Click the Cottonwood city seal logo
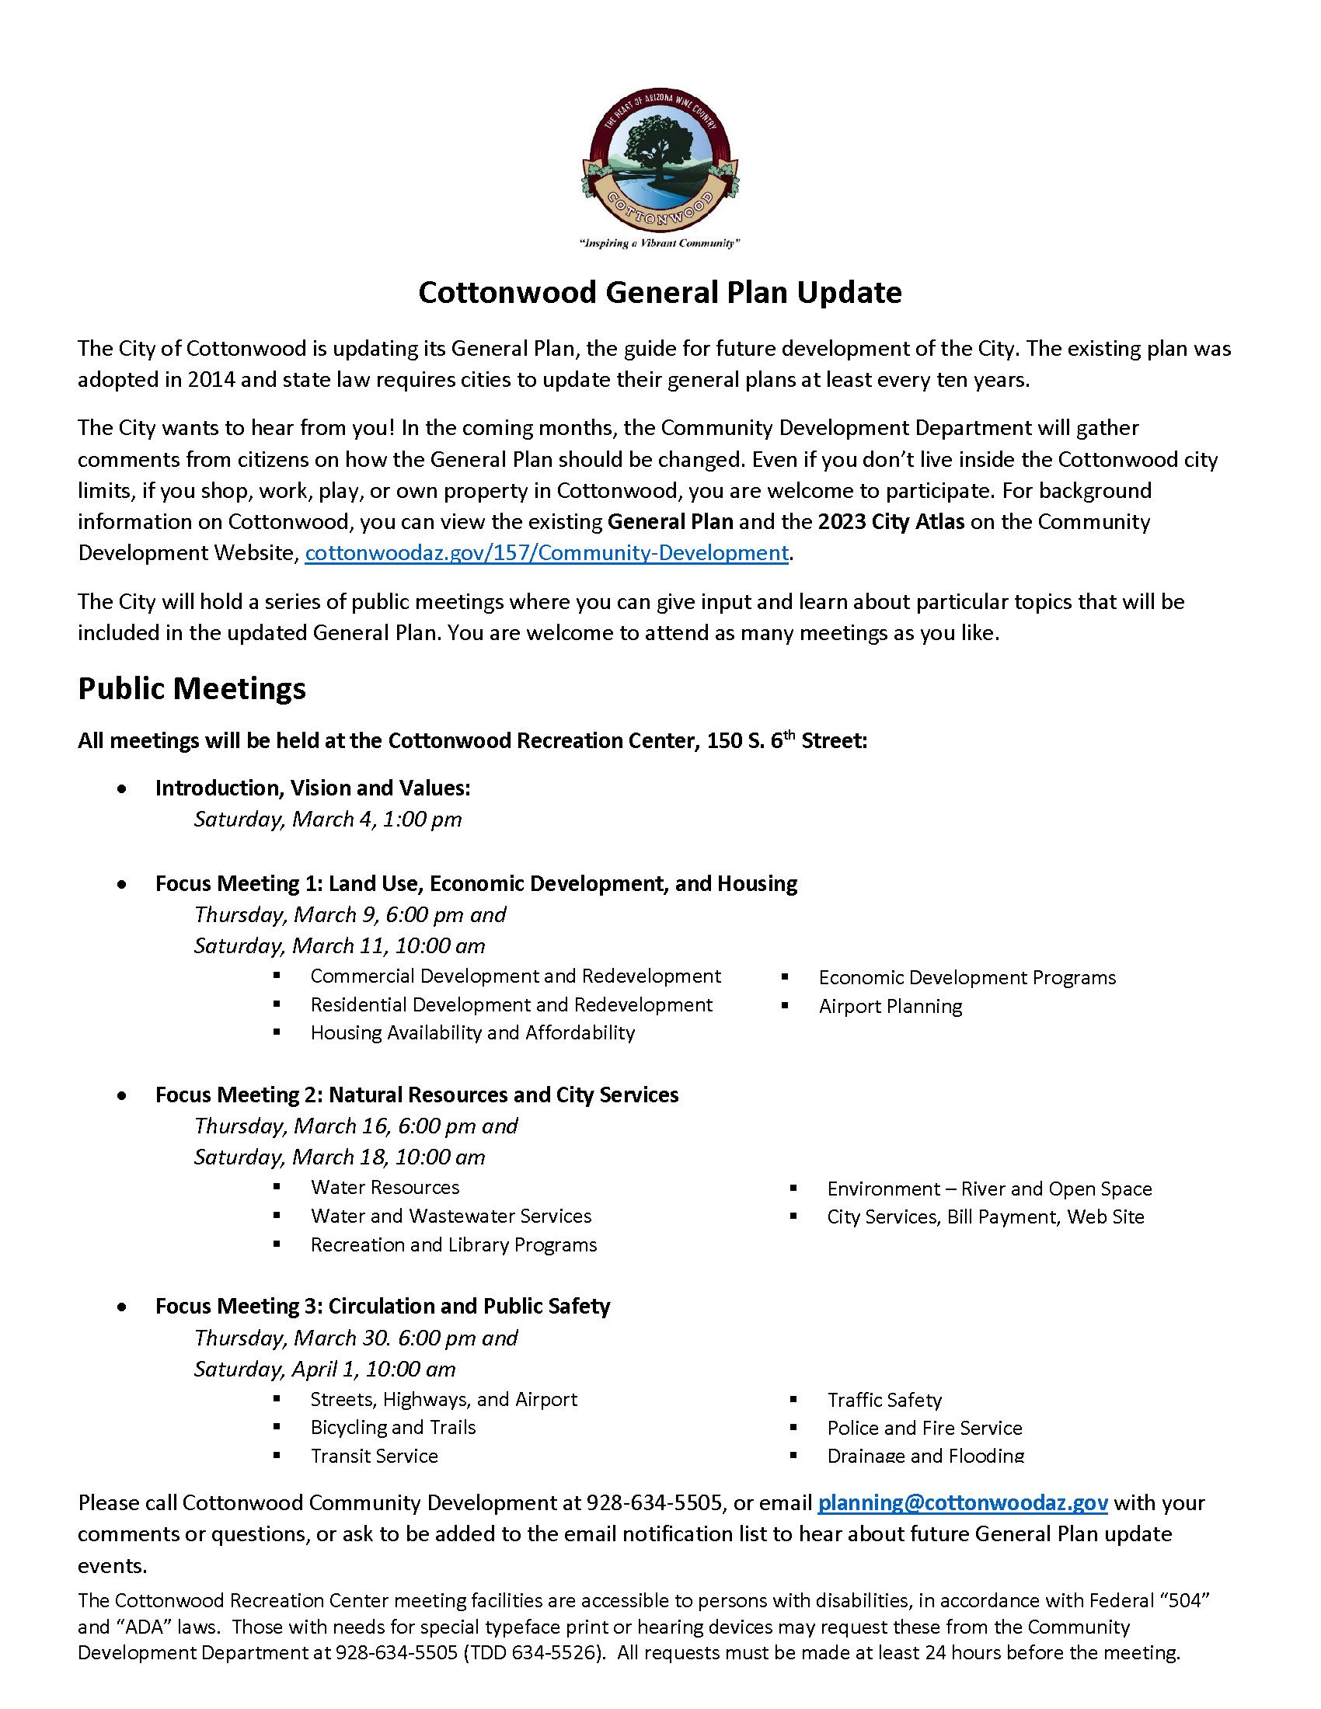pyautogui.click(x=660, y=158)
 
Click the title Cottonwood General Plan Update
pyautogui.click(x=660, y=293)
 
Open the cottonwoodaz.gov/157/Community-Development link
pyautogui.click(x=546, y=553)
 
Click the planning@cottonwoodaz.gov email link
pyautogui.click(x=963, y=1502)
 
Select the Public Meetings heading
pyautogui.click(x=192, y=688)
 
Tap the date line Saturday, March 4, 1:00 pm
pyautogui.click(x=328, y=820)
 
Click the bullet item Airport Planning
pyautogui.click(x=891, y=1006)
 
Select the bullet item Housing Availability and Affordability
pyautogui.click(x=472, y=1033)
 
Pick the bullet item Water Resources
pyautogui.click(x=385, y=1187)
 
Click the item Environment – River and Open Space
pyautogui.click(x=989, y=1189)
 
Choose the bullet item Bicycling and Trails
pyautogui.click(x=393, y=1427)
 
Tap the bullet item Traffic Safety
pyautogui.click(x=884, y=1400)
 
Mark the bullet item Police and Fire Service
pyautogui.click(x=925, y=1428)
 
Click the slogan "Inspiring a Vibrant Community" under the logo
pyautogui.click(x=660, y=243)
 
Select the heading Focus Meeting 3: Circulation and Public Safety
pyautogui.click(x=382, y=1306)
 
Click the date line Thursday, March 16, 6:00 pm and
pyautogui.click(x=356, y=1126)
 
